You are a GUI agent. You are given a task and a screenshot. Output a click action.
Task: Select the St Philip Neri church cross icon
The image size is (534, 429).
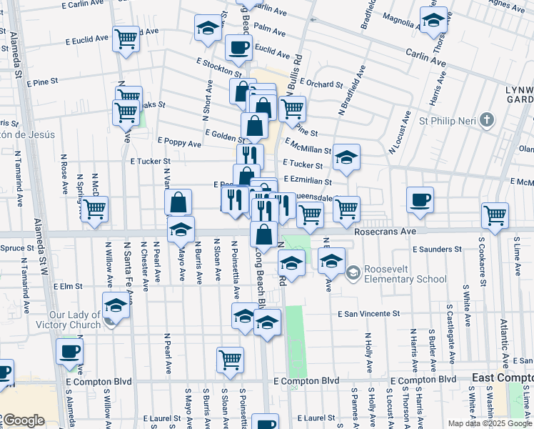(x=487, y=119)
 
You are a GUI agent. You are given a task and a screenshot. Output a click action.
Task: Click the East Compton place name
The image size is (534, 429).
(x=503, y=377)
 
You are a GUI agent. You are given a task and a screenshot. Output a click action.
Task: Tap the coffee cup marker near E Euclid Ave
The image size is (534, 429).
(x=238, y=48)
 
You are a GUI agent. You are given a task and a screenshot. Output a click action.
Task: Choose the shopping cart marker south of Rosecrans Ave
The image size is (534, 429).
(x=230, y=360)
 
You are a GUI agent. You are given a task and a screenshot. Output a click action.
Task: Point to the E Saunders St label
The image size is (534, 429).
(x=437, y=249)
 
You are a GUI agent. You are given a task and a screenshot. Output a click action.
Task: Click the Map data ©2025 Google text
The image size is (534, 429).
(x=490, y=423)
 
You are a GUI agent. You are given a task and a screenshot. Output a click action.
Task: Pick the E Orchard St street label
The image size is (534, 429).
(x=321, y=84)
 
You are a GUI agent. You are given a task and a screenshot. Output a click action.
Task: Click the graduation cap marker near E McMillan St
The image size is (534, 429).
(x=346, y=158)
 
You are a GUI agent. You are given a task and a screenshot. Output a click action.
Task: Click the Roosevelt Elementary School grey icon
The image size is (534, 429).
(x=352, y=273)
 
